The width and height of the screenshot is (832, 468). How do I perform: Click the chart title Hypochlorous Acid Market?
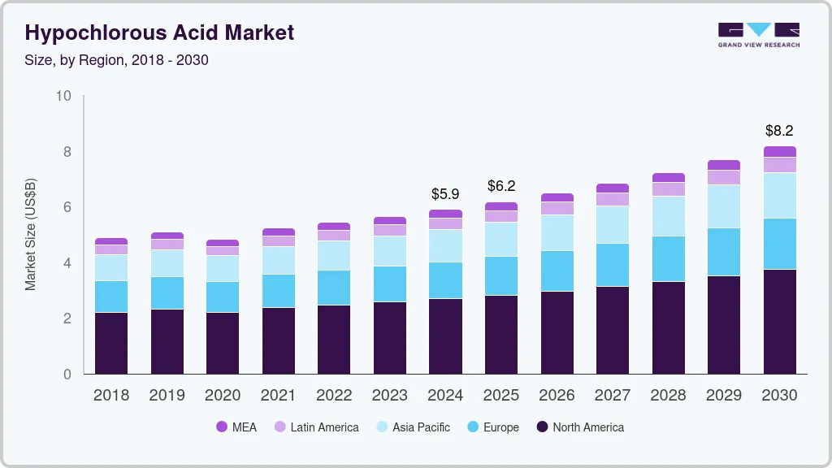pyautogui.click(x=159, y=32)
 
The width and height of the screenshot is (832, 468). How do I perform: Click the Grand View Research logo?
pyautogui.click(x=758, y=34)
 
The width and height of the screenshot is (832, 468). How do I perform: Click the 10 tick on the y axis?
pyautogui.click(x=63, y=96)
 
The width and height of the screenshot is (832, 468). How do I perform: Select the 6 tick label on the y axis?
pyautogui.click(x=67, y=207)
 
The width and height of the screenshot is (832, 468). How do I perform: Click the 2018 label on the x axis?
pyautogui.click(x=110, y=396)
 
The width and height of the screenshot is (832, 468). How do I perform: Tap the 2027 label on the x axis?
pyautogui.click(x=612, y=396)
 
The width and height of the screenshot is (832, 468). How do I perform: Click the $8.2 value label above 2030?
pyautogui.click(x=779, y=131)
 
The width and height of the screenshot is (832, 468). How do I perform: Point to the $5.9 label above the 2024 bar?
pyautogui.click(x=445, y=194)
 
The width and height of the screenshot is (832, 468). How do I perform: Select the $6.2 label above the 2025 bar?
pyautogui.click(x=501, y=186)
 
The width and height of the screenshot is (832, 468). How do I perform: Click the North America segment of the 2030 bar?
pyautogui.click(x=779, y=321)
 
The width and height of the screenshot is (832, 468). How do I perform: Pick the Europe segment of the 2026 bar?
pyautogui.click(x=557, y=271)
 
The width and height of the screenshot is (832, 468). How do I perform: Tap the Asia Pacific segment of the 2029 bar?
pyautogui.click(x=724, y=206)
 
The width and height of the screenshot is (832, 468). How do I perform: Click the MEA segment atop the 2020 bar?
pyautogui.click(x=222, y=243)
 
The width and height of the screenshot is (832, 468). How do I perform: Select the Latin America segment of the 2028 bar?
pyautogui.click(x=668, y=189)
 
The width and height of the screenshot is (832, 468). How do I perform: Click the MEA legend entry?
pyautogui.click(x=236, y=427)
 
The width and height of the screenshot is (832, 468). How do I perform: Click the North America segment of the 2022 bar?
pyautogui.click(x=333, y=339)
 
